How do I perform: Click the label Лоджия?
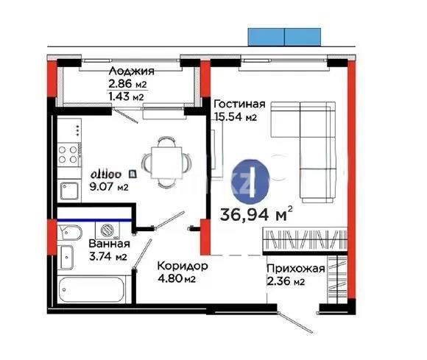(x=130, y=71)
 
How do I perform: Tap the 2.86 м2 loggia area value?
(x=126, y=84)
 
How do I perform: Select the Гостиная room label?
(x=239, y=105)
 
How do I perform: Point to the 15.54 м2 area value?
(x=234, y=117)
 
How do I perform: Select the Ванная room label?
(x=109, y=244)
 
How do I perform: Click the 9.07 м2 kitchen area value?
(x=109, y=187)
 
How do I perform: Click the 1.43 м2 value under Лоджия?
(x=126, y=96)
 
